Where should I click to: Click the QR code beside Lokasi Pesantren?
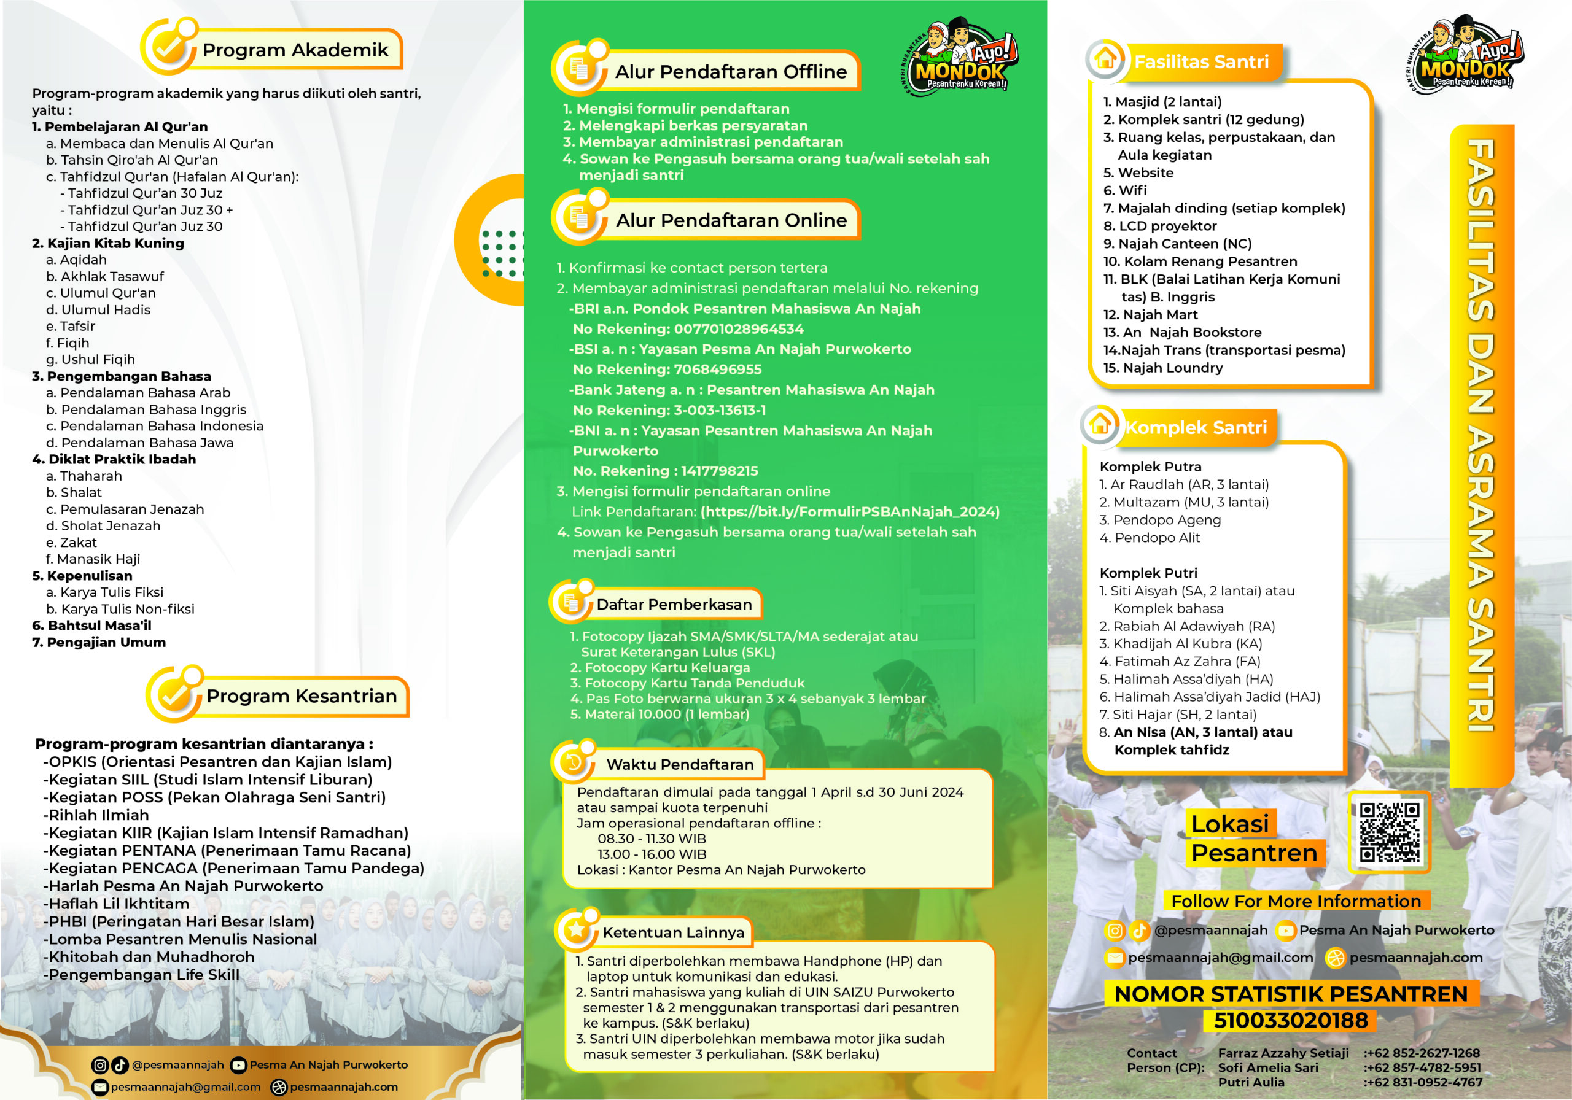pyautogui.click(x=1389, y=832)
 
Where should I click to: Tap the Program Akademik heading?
pyautogui.click(x=295, y=50)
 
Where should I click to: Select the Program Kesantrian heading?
pyautogui.click(x=302, y=696)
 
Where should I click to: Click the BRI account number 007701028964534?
pyautogui.click(x=738, y=329)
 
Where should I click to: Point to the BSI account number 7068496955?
pyautogui.click(x=718, y=370)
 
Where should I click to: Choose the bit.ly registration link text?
pyautogui.click(x=850, y=511)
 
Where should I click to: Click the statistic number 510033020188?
pyautogui.click(x=1290, y=1021)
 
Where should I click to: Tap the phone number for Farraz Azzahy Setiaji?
pyautogui.click(x=1422, y=1053)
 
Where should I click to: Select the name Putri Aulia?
pyautogui.click(x=1251, y=1082)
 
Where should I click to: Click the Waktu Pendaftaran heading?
pyautogui.click(x=679, y=765)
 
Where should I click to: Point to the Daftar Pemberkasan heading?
pyautogui.click(x=674, y=605)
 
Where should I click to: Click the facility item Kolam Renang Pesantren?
pyautogui.click(x=1208, y=261)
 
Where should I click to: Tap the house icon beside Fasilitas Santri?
pyautogui.click(x=1105, y=59)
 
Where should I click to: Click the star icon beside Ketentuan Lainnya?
pyautogui.click(x=577, y=929)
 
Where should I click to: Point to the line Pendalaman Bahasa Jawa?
pyautogui.click(x=147, y=443)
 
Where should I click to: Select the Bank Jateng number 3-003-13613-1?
pyautogui.click(x=720, y=410)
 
